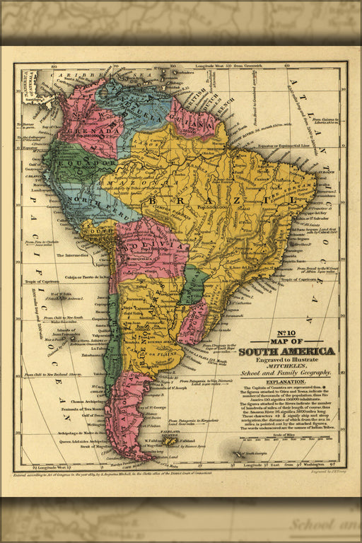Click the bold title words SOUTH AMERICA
[286, 351]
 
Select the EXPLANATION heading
[286, 381]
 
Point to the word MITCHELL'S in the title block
[286, 366]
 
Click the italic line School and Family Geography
[286, 373]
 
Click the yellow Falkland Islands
[170, 440]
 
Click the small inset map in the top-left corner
[30, 86]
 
